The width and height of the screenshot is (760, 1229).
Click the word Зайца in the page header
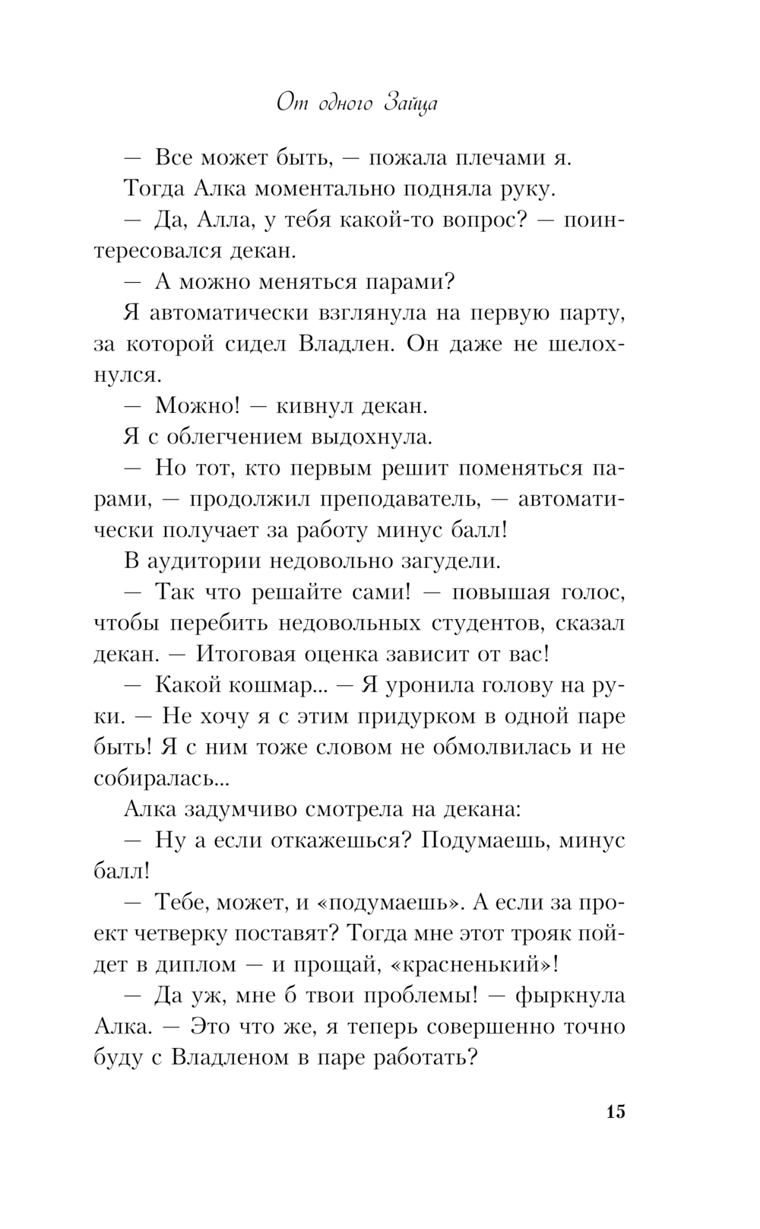pyautogui.click(x=411, y=103)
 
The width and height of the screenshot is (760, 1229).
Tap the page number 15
pyautogui.click(x=616, y=1111)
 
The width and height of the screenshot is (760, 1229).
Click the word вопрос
pyautogui.click(x=479, y=220)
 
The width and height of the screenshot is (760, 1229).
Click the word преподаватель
pyautogui.click(x=397, y=500)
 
